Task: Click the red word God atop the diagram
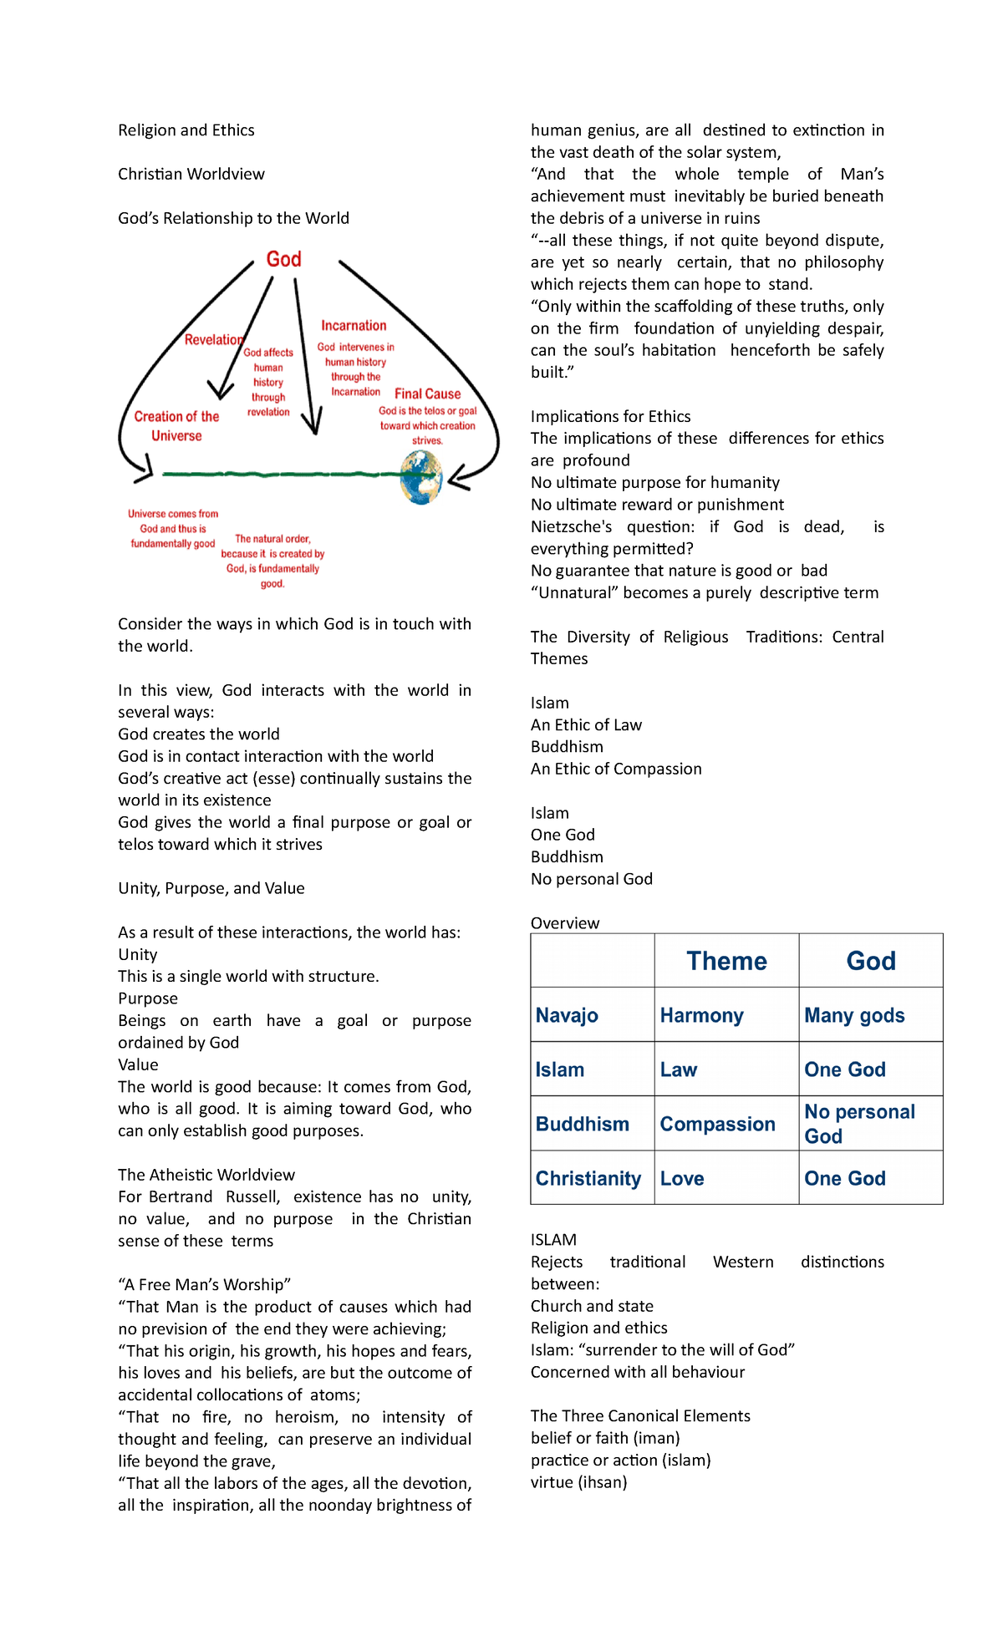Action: pos(283,260)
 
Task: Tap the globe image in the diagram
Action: pos(421,477)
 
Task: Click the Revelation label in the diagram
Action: pos(214,339)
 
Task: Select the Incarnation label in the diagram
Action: pos(354,326)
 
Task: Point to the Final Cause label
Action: pos(427,394)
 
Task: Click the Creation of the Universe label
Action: pos(176,425)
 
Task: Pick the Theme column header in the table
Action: pos(726,961)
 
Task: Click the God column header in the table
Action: pos(870,961)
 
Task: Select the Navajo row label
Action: pos(567,1015)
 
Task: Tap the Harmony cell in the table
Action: pos(701,1015)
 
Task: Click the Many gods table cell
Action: pos(854,1015)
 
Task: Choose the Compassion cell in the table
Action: pos(717,1124)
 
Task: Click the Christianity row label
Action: pos(588,1178)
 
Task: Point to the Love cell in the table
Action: pos(682,1178)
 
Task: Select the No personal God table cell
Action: pos(859,1124)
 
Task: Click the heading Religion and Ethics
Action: pos(186,130)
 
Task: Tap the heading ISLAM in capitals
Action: pos(553,1240)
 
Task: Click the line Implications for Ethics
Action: pos(610,416)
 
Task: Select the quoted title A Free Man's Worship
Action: pos(204,1284)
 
